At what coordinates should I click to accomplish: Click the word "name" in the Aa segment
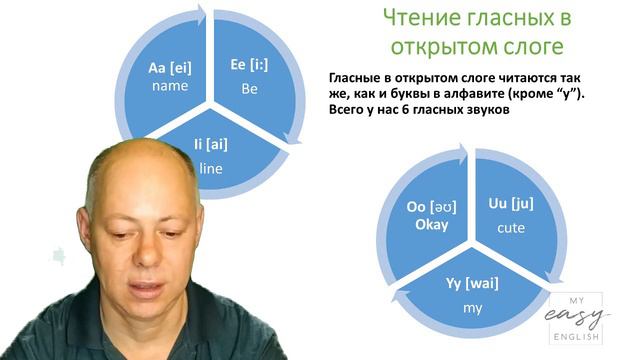tap(169, 86)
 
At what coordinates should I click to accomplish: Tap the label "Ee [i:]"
tap(251, 66)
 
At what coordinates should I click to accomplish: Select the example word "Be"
tap(250, 88)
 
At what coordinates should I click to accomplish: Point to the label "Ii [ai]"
tap(211, 146)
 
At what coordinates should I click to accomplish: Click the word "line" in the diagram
tap(210, 167)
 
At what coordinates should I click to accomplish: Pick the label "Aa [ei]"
tap(169, 67)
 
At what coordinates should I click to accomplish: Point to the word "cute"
tap(510, 227)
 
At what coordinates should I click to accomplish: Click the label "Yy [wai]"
tap(472, 283)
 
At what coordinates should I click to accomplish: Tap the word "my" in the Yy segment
tap(472, 307)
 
